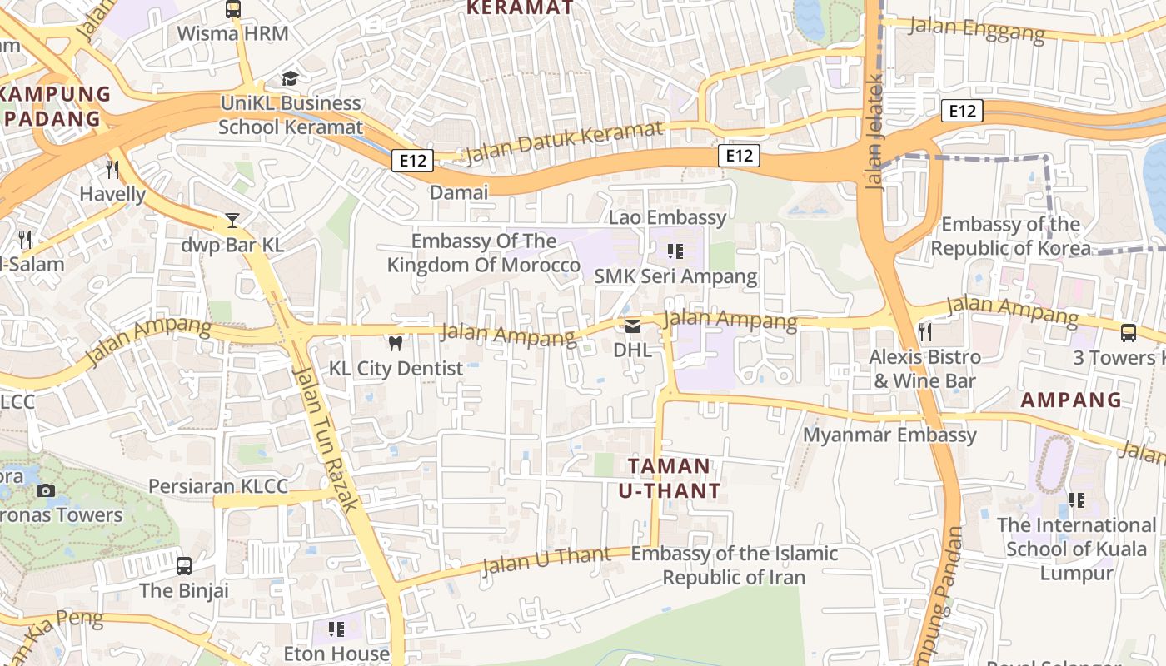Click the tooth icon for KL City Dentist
[396, 343]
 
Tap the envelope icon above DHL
[633, 326]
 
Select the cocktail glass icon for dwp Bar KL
[232, 221]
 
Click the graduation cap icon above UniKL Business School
[290, 78]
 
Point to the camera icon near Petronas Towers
[46, 490]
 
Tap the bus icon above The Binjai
[184, 566]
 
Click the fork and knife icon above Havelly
[112, 170]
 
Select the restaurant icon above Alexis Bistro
[924, 332]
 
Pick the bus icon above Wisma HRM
[233, 9]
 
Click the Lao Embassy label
[668, 218]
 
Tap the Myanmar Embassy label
[889, 435]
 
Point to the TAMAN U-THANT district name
[670, 478]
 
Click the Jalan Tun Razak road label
[326, 438]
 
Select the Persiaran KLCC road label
[218, 486]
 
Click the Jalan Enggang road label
[976, 29]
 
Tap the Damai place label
[459, 192]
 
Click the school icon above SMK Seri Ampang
[675, 251]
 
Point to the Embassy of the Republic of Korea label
[1010, 236]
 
